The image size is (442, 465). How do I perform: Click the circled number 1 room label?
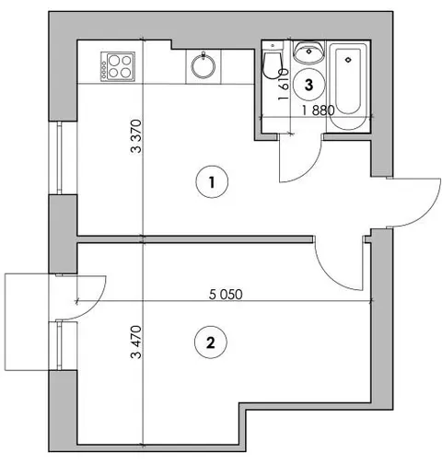[212, 182]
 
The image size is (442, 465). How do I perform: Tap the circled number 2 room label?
[211, 342]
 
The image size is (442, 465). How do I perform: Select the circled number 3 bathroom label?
[308, 85]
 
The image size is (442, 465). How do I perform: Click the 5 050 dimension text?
[226, 295]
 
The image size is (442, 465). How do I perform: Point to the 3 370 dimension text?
[136, 136]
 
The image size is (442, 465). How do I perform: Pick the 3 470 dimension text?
[136, 342]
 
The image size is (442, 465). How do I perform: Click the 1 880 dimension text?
[318, 110]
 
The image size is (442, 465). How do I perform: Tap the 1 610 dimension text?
[284, 85]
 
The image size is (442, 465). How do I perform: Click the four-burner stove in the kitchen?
[118, 66]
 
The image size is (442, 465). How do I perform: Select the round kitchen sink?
[204, 65]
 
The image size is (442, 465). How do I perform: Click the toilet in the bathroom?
[272, 62]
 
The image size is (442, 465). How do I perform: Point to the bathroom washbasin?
[308, 52]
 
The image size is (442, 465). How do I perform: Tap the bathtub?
[348, 87]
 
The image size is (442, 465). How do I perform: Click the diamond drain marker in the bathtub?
[348, 60]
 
